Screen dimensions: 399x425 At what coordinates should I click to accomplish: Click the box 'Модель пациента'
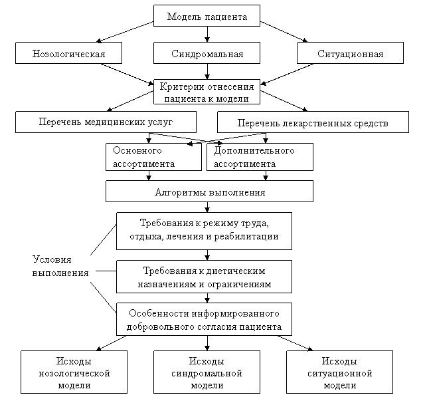click(x=207, y=16)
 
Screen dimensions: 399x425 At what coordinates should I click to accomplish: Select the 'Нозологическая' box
click(x=69, y=53)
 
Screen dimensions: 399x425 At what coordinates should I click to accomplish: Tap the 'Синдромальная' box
click(x=207, y=53)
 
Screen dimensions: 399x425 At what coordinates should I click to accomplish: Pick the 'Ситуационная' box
click(x=350, y=53)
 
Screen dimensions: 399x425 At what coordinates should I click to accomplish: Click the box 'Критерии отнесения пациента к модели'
click(x=207, y=92)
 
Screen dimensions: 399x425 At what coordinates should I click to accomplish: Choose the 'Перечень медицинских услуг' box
click(x=106, y=122)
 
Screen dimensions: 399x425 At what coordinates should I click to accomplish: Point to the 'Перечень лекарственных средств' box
click(x=312, y=122)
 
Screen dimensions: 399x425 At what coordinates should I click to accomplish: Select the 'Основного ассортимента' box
click(x=153, y=157)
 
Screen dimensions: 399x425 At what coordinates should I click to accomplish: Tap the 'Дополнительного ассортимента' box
click(x=260, y=157)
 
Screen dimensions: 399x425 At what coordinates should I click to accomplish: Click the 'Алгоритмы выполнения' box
click(x=209, y=192)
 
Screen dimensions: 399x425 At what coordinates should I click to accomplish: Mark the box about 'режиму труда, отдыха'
click(x=204, y=230)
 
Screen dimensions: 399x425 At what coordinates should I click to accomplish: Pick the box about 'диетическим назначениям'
click(x=204, y=277)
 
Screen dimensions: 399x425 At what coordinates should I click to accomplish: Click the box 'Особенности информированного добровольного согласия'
click(x=204, y=320)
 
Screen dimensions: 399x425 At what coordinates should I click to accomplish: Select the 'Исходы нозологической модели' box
click(x=74, y=373)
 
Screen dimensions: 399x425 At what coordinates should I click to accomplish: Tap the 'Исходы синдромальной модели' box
click(x=207, y=373)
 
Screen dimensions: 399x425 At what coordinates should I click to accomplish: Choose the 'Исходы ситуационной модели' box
click(x=339, y=373)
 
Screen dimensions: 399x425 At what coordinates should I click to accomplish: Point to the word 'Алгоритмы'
click(x=176, y=192)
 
